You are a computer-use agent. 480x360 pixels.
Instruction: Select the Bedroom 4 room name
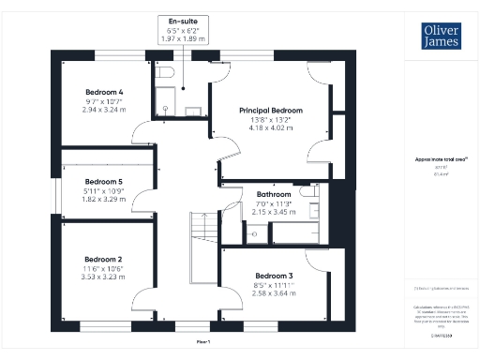point(104,91)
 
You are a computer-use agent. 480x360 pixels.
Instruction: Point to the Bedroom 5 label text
point(104,181)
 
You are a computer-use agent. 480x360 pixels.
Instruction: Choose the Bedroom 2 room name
point(104,260)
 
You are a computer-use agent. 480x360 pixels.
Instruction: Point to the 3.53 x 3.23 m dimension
point(104,277)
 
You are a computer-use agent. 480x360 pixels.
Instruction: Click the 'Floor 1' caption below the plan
point(202,342)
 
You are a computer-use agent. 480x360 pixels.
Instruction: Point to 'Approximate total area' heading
point(442,159)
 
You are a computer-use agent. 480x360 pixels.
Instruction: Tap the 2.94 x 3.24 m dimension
point(104,109)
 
